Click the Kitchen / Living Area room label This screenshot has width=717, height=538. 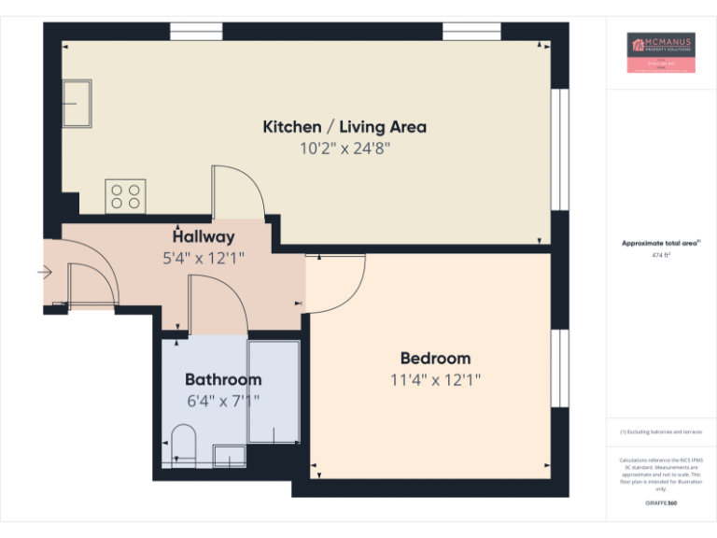(x=344, y=126)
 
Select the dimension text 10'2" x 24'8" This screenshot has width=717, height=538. (x=344, y=148)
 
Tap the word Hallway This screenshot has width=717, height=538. (x=204, y=236)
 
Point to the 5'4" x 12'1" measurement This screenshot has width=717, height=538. (x=204, y=258)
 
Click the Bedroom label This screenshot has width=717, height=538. (x=435, y=358)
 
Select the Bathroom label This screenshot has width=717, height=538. (x=223, y=379)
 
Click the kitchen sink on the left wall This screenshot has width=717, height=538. (x=77, y=102)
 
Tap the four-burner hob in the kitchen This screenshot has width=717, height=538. (x=125, y=196)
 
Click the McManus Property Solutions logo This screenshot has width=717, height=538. (x=661, y=53)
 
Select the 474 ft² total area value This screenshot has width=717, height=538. (x=661, y=254)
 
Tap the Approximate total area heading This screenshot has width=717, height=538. (x=661, y=243)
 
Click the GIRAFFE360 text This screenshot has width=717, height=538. (x=661, y=503)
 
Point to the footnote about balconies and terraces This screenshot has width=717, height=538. (x=661, y=432)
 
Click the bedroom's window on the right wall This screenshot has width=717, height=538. (x=559, y=367)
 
